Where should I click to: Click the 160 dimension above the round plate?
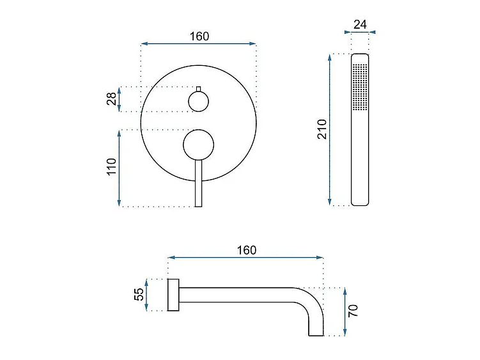[199, 36]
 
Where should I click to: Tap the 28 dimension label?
[112, 98]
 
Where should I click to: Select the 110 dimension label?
[112, 167]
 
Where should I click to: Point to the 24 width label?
[360, 24]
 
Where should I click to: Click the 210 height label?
[322, 129]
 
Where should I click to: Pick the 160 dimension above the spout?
[247, 250]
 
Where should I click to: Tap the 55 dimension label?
[139, 294]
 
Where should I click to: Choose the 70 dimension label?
[353, 311]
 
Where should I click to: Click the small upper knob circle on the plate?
[198, 91]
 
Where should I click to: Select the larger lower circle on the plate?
[198, 130]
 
